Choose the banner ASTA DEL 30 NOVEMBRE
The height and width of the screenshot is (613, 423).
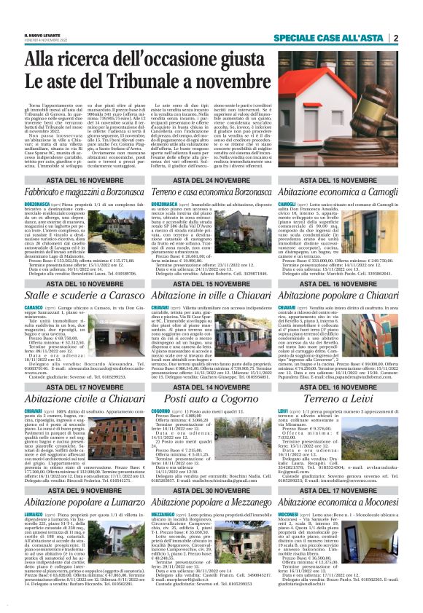pos(211,470)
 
